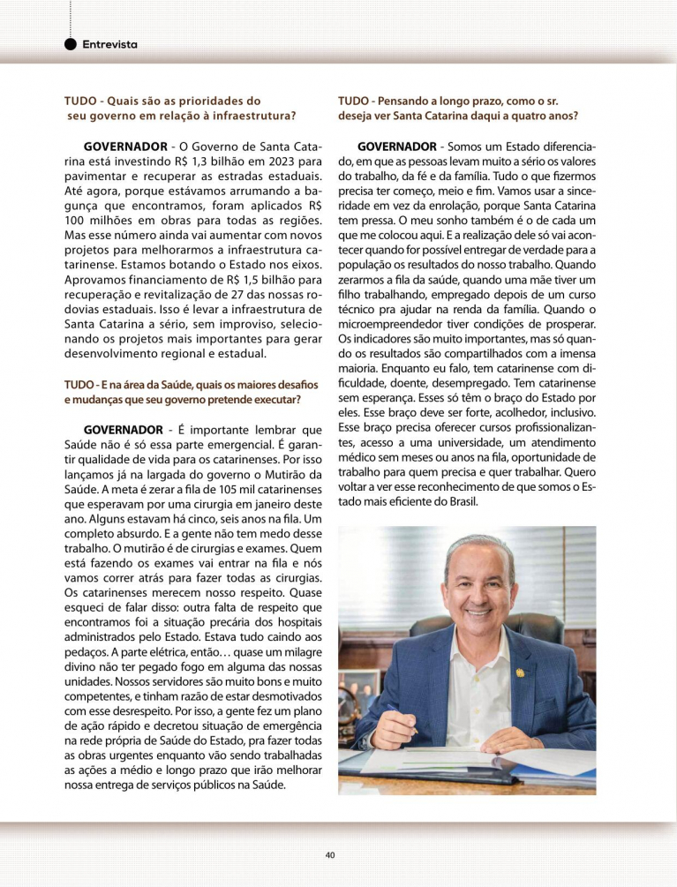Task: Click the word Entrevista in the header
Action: tap(109, 44)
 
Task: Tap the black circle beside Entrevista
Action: tap(71, 44)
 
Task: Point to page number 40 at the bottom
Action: tap(330, 854)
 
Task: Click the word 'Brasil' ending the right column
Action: tap(455, 501)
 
